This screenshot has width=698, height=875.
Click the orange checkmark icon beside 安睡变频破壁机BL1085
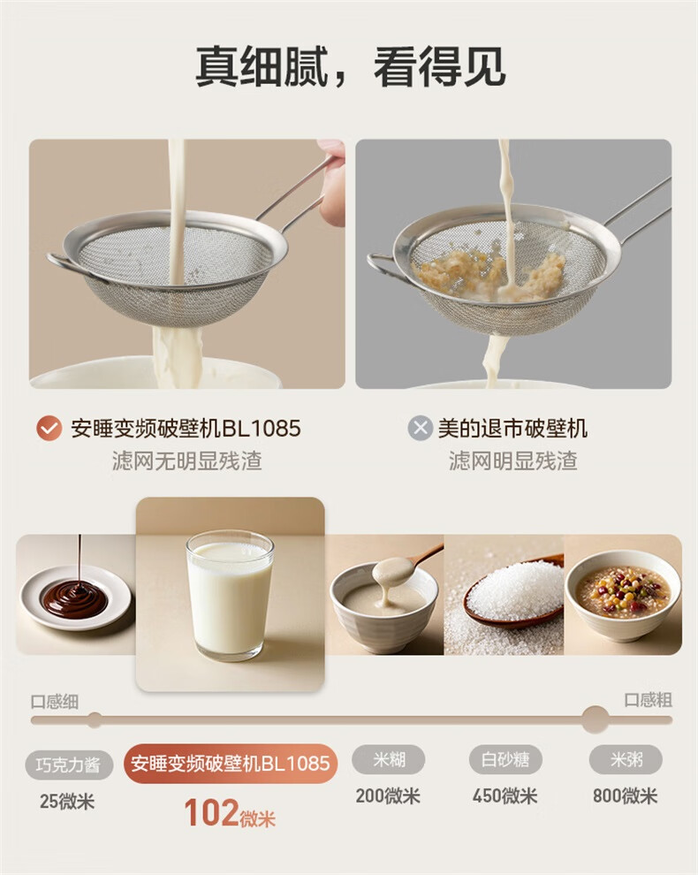49,429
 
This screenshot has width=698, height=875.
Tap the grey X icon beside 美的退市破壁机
421,429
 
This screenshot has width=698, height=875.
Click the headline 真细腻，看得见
351,67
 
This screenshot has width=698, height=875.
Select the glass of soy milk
230,596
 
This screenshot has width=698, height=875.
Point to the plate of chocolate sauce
76,597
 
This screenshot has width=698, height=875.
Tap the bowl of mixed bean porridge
623,596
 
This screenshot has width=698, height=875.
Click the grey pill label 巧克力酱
69,765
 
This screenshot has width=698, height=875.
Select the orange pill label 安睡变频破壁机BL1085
231,764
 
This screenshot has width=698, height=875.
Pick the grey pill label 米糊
389,759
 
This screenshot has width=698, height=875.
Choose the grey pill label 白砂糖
505,759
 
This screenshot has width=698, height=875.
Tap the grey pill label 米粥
626,759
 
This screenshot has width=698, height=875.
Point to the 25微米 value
67,802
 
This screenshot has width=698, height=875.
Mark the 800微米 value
625,795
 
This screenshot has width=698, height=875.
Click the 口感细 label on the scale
55,702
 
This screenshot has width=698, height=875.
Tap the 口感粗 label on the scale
648,700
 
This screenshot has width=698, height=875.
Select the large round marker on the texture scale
595,719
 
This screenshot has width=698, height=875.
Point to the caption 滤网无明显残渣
187,461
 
